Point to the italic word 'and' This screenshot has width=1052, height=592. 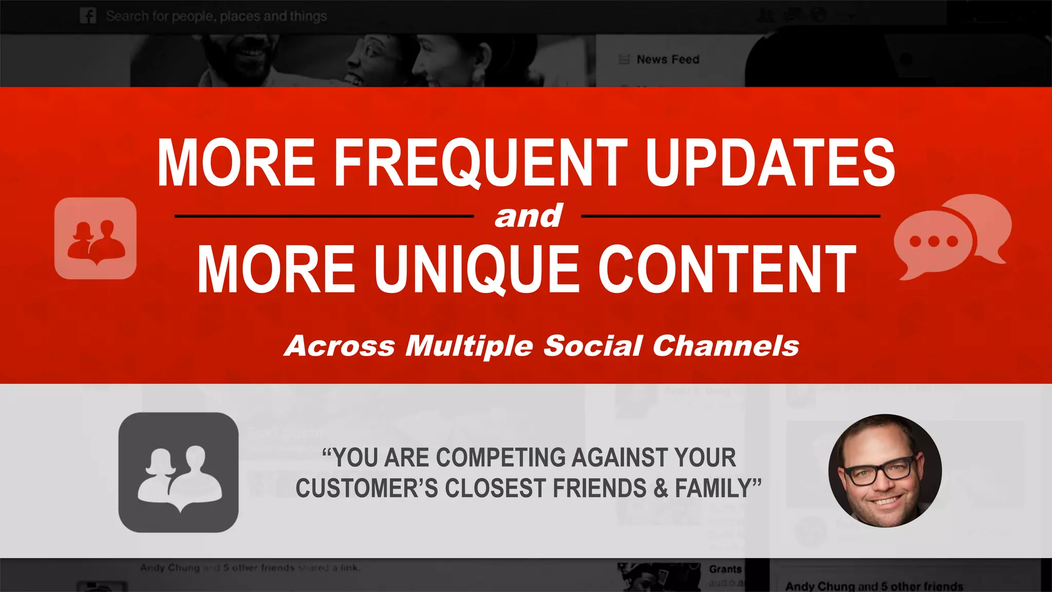pyautogui.click(x=528, y=216)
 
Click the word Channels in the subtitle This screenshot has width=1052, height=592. pyautogui.click(x=725, y=346)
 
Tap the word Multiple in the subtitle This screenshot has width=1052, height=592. pyautogui.click(x=469, y=346)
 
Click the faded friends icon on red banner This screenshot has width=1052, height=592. pyautogui.click(x=96, y=238)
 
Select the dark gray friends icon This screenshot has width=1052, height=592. pyautogui.click(x=178, y=472)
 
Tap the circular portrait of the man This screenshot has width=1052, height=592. pyautogui.click(x=885, y=471)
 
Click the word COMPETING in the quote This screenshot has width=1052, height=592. pyautogui.click(x=501, y=457)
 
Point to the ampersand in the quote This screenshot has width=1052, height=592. pyautogui.click(x=661, y=488)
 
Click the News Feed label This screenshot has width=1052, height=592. pyautogui.click(x=667, y=60)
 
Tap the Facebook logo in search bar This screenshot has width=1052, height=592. pyautogui.click(x=88, y=16)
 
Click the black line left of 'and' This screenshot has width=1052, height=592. pyautogui.click(x=324, y=216)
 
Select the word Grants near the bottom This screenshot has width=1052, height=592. pyautogui.click(x=725, y=569)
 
